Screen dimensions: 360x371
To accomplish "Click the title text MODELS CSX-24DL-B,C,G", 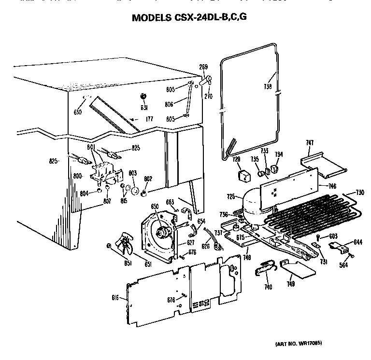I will tap(192, 19).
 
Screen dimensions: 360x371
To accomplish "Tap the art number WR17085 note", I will tap(298, 343).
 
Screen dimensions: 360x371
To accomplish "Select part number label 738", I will tap(268, 87).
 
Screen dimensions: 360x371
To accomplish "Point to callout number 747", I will tap(310, 142).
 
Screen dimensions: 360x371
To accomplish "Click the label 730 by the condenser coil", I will tap(359, 193).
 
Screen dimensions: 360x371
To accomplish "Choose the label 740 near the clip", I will tap(268, 287).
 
